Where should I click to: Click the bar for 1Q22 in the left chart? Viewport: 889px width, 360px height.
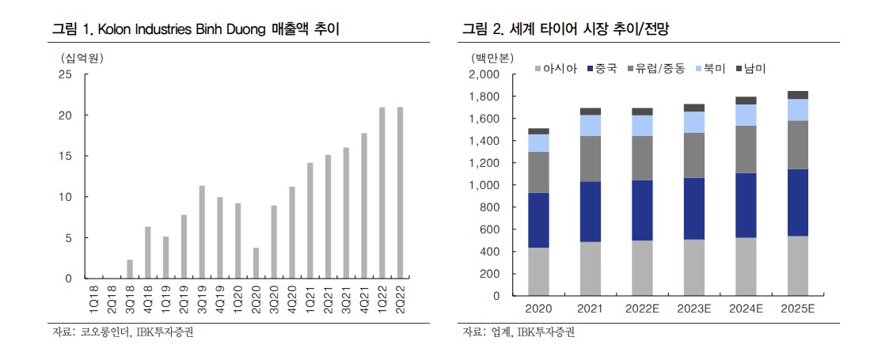[382, 193]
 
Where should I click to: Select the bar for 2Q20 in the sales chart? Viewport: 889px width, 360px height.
[256, 263]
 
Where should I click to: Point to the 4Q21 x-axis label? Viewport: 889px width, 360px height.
[365, 300]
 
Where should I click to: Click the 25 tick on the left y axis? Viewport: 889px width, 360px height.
[65, 74]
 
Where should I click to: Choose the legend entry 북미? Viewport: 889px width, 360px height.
[710, 69]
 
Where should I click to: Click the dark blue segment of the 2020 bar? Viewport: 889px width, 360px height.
[538, 220]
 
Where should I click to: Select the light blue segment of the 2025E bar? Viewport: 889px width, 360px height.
[797, 110]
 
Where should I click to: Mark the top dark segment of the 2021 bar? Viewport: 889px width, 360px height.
[590, 112]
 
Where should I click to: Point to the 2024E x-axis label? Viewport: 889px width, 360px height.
[746, 308]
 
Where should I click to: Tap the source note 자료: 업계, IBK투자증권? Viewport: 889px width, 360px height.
[519, 332]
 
